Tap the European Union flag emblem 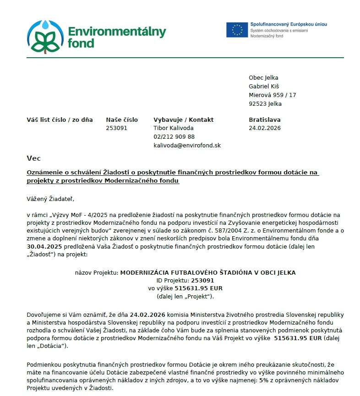point(237,29)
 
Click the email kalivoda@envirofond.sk point(187,145)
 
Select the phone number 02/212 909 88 point(174,136)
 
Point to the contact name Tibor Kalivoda point(173,128)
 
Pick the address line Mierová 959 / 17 point(272,95)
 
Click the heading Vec point(33,158)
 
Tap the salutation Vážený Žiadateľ point(50,199)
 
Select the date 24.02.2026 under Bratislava point(264,128)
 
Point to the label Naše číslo point(121,120)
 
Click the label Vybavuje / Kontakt point(183,120)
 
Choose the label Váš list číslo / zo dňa point(60,120)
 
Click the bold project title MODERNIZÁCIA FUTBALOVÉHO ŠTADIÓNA point(207,272)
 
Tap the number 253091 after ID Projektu point(202,280)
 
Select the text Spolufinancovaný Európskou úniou point(288,24)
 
